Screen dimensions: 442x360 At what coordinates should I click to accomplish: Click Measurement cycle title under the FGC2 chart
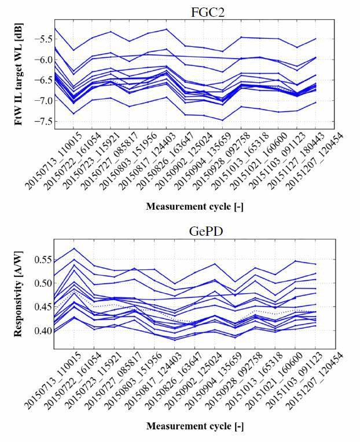(194, 206)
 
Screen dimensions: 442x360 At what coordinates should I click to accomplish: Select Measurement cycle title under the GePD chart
(194, 426)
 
